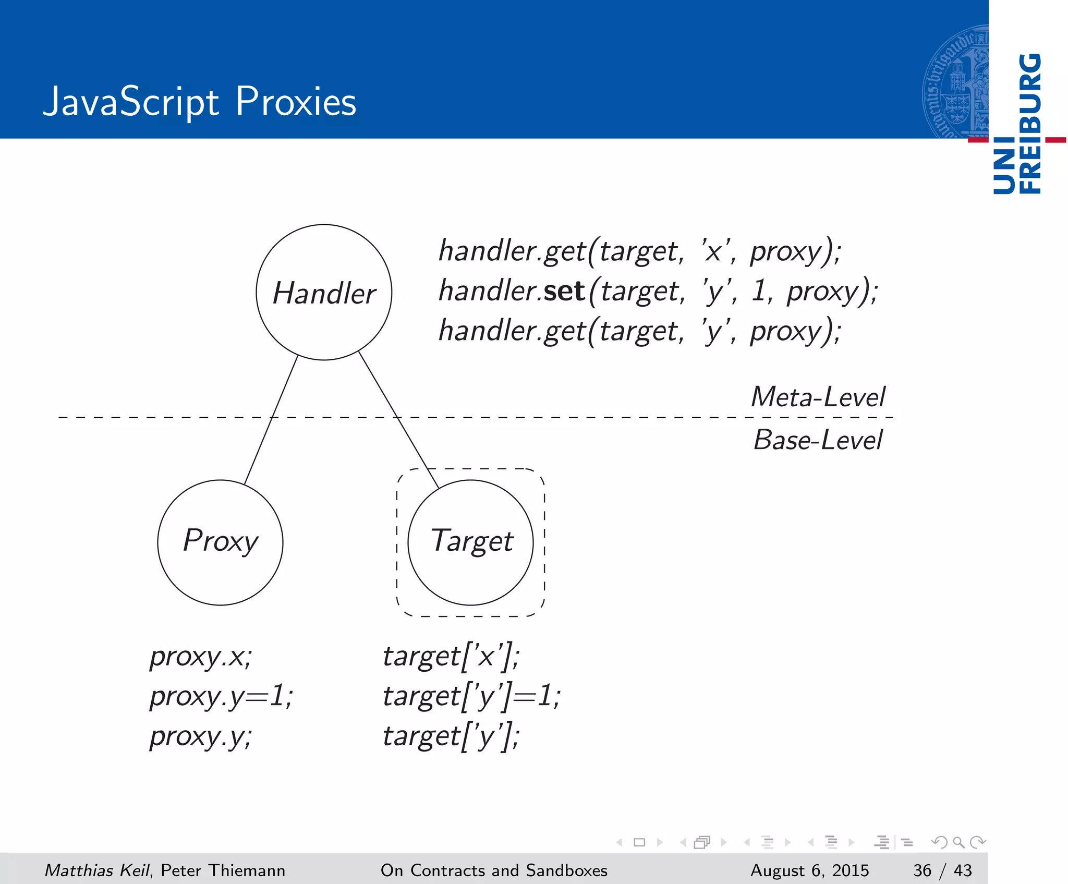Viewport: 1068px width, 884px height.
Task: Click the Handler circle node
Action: pos(324,292)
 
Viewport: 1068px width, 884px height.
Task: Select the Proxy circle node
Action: pos(220,542)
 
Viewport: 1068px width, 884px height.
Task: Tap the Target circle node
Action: pos(470,542)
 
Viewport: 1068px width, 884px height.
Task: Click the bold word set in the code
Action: pos(564,290)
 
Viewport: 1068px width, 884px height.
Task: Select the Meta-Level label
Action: pos(818,397)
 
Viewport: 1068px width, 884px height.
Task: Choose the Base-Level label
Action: pos(818,440)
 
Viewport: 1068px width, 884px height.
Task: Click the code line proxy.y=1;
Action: pos(221,696)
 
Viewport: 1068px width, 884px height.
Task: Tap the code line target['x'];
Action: pos(451,656)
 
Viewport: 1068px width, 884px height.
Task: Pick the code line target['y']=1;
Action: pos(471,696)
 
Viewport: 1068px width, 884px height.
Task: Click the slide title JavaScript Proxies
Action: pos(200,102)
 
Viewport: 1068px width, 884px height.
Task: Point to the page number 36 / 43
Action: pos(942,870)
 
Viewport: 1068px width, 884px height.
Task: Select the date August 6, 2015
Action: pos(809,870)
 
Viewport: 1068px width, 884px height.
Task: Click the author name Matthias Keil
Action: pos(98,870)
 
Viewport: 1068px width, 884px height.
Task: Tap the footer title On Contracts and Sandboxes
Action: pos(494,870)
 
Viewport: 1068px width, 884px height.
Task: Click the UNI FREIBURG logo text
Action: pos(1017,124)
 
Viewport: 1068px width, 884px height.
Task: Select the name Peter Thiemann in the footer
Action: pos(223,870)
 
